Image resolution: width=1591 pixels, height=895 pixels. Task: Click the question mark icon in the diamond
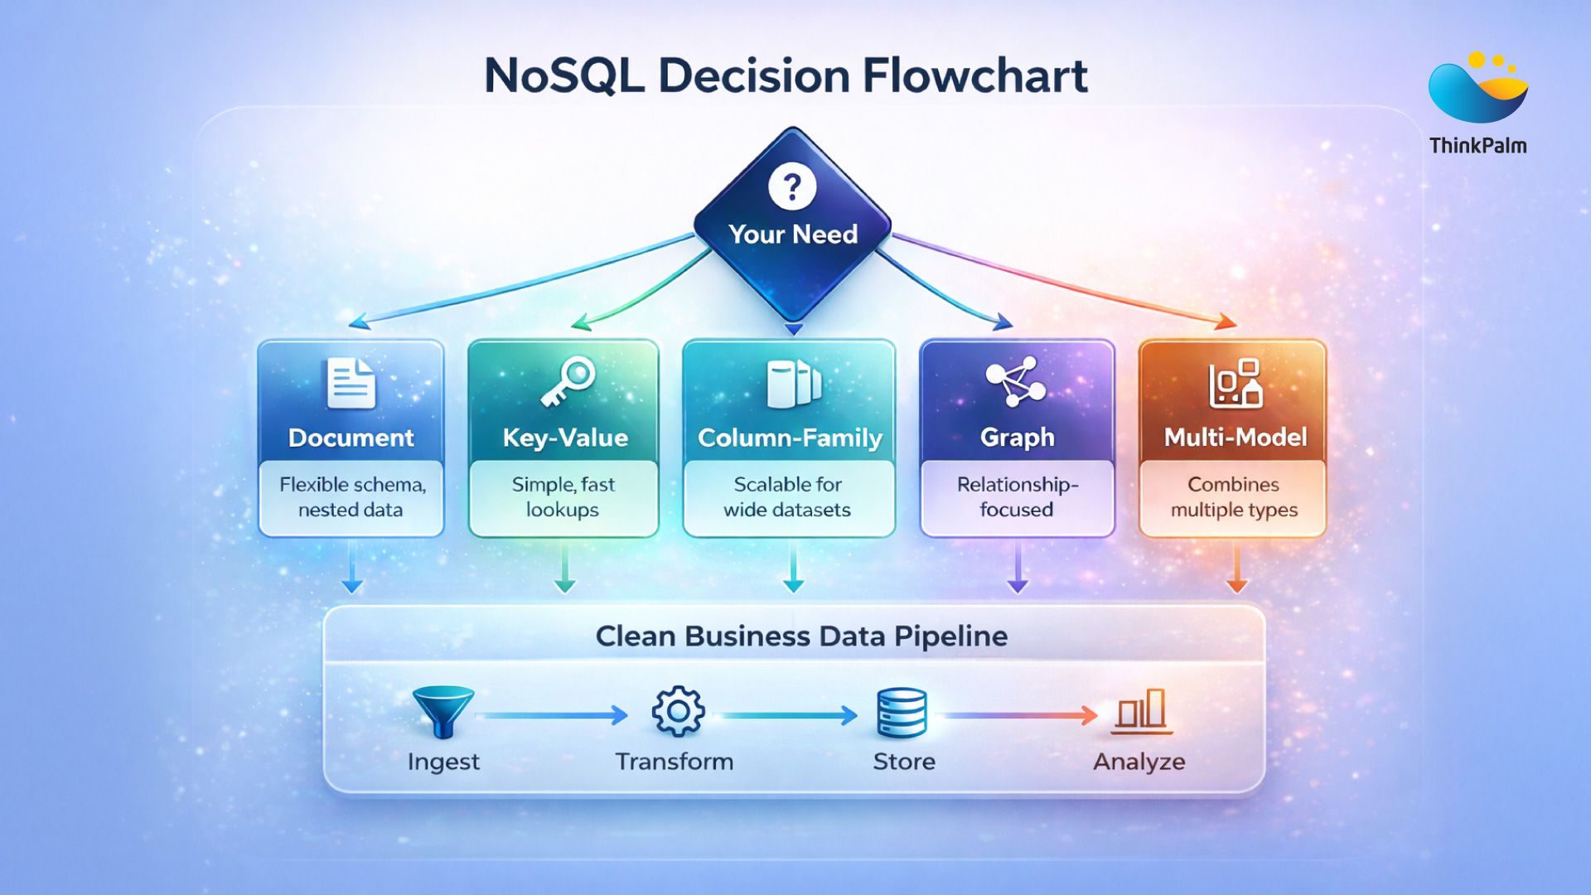[x=792, y=187]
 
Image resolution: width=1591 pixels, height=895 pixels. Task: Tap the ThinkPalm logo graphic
[x=1477, y=89]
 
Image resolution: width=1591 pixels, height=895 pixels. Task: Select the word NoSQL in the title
[x=563, y=76]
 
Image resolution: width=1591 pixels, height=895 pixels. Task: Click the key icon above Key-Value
[x=568, y=381]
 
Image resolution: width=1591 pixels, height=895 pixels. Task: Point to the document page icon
[x=351, y=383]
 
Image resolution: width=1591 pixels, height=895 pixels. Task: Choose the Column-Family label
[x=790, y=438]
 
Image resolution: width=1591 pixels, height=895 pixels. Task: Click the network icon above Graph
[x=1016, y=381]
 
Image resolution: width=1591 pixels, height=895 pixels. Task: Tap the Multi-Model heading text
[x=1235, y=437]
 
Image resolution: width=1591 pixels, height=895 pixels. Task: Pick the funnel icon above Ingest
[x=443, y=711]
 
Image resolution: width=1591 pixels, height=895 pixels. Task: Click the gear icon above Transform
[x=678, y=711]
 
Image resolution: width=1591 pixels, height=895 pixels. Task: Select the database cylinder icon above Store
[x=902, y=713]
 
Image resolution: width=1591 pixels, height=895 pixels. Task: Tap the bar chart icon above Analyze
[x=1142, y=711]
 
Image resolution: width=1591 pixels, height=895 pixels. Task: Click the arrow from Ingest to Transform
[x=554, y=715]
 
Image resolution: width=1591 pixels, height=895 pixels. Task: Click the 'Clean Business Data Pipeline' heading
[x=801, y=636]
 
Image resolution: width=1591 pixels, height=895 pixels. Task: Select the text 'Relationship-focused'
[x=1017, y=496]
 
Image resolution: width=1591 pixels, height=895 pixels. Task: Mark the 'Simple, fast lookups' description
[x=563, y=496]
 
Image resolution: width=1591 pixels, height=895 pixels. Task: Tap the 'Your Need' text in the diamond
[x=793, y=235]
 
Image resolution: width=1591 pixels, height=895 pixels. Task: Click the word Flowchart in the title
[x=974, y=76]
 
